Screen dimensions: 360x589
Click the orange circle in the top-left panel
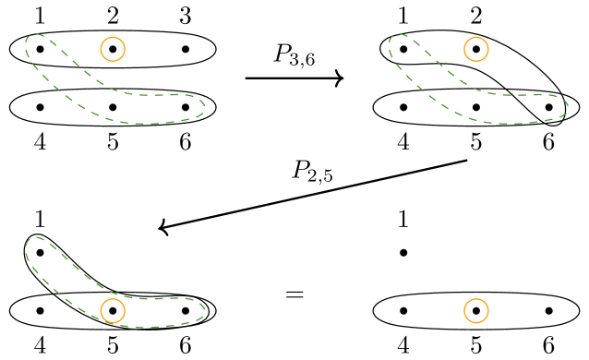pyautogui.click(x=113, y=49)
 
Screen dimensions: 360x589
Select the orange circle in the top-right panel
pyautogui.click(x=476, y=49)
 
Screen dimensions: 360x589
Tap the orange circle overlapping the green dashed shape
pyautogui.click(x=113, y=311)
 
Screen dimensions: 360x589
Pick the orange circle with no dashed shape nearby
pyautogui.click(x=476, y=311)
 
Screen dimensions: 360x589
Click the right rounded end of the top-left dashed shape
pyautogui.click(x=203, y=105)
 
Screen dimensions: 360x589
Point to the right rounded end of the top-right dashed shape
pyautogui.click(x=567, y=105)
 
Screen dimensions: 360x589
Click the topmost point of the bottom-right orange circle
pyautogui.click(x=476, y=299)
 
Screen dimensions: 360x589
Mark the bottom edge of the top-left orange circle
pyautogui.click(x=113, y=61)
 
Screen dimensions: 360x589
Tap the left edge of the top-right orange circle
pyautogui.click(x=464, y=49)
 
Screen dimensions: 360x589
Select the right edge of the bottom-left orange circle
pyautogui.click(x=125, y=311)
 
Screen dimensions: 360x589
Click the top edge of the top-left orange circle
pyautogui.click(x=113, y=37)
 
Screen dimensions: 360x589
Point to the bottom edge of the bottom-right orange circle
pyautogui.click(x=476, y=323)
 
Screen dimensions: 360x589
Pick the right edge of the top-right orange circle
pyautogui.click(x=488, y=49)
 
